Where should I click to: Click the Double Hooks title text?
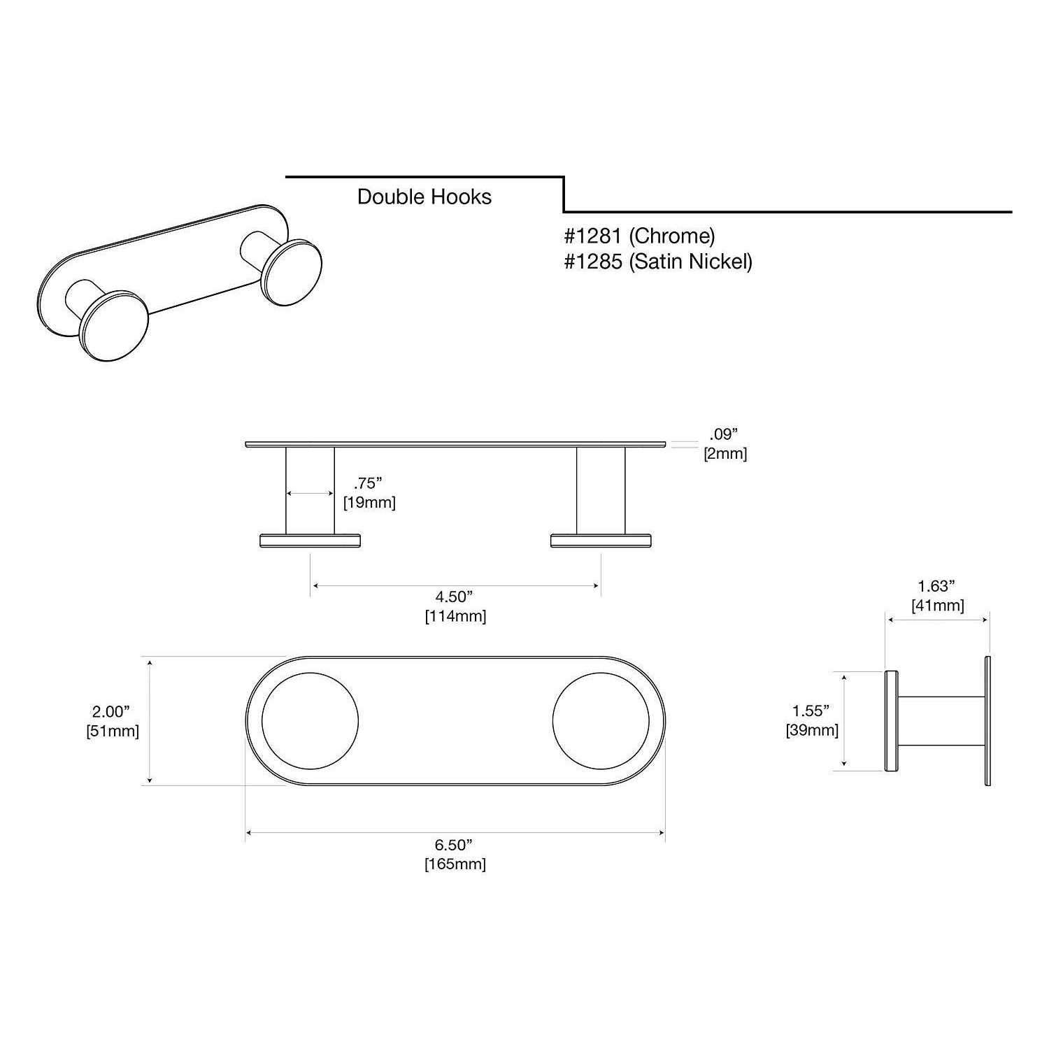[x=424, y=197]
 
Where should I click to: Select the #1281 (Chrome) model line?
[x=639, y=236]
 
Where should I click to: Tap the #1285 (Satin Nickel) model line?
[x=658, y=262]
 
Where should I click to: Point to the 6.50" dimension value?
[x=455, y=845]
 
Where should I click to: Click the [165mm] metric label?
[x=455, y=864]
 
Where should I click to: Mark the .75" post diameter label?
[x=369, y=483]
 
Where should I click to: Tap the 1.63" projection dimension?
[x=936, y=586]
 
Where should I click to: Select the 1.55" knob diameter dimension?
[x=811, y=711]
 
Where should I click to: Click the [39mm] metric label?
[x=811, y=731]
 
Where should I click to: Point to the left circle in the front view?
[x=310, y=721]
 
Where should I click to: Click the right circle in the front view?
[x=601, y=721]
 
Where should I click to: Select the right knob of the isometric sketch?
[x=294, y=272]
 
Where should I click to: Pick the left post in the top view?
[x=310, y=490]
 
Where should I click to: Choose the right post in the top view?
[x=601, y=490]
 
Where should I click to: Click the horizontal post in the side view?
[x=941, y=721]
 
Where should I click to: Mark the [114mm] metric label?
[x=455, y=616]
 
